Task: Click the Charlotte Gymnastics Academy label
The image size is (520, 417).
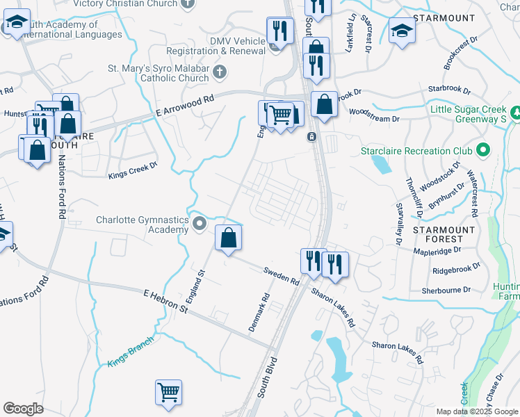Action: pos(143,224)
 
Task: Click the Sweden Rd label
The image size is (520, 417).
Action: pos(281,276)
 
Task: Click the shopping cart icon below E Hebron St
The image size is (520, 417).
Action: pos(168,393)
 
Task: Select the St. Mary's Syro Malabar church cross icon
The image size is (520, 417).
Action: pos(219,71)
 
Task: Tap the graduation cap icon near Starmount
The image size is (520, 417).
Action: pos(402,31)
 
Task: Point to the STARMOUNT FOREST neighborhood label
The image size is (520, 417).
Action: pos(444,235)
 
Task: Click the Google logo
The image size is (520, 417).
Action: pos(24,409)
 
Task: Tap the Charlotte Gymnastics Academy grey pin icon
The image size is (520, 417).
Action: pos(200,224)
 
